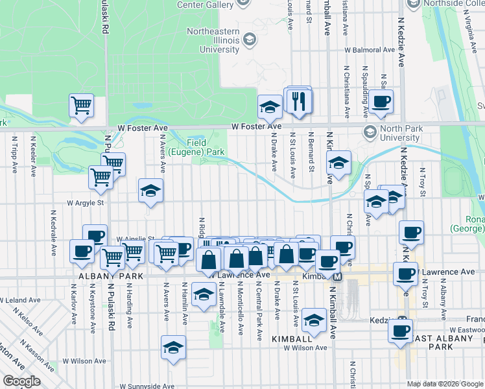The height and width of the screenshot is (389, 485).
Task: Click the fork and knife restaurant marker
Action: click(x=299, y=101)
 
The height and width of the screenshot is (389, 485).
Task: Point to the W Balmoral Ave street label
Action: click(x=370, y=49)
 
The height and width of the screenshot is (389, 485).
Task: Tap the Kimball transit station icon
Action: click(x=338, y=276)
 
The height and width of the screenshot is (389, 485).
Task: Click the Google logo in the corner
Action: click(x=21, y=381)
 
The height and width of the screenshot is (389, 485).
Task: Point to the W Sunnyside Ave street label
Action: click(x=146, y=386)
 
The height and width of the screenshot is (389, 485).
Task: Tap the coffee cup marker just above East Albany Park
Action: click(x=400, y=331)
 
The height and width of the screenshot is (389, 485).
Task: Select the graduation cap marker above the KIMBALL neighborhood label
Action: click(x=314, y=320)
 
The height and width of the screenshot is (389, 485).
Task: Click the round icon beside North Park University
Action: click(x=370, y=132)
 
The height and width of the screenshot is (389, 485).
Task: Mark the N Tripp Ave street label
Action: click(x=14, y=154)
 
